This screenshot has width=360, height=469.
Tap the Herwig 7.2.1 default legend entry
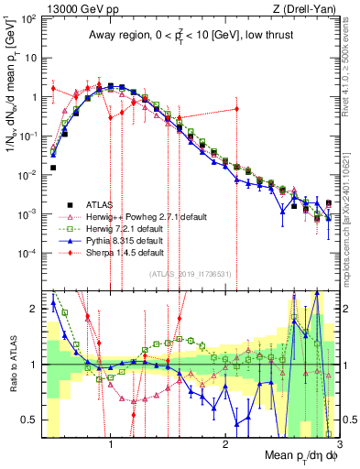(x=126, y=227)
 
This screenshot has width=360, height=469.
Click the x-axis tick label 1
(x=111, y=444)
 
